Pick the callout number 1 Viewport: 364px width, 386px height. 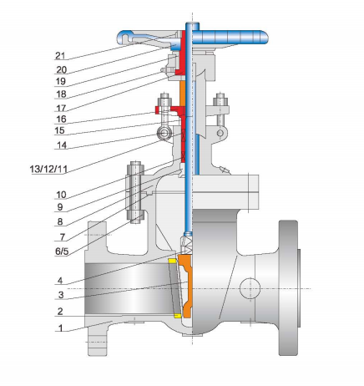tap(59, 328)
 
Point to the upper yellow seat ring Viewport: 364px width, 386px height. tap(172, 262)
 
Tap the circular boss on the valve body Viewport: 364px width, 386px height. tap(251, 289)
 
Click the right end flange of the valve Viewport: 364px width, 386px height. tap(287, 288)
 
